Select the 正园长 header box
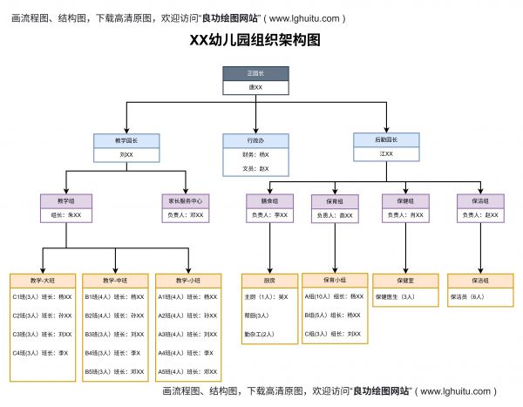[x=255, y=73]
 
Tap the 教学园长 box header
[x=126, y=139]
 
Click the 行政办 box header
[x=255, y=139]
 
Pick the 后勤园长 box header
[x=386, y=139]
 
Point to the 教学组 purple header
[x=65, y=200]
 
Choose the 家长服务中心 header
[x=185, y=200]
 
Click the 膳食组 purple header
[x=268, y=200]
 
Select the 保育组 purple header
[x=335, y=200]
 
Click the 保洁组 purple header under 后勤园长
[x=479, y=200]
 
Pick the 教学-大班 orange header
[x=41, y=281]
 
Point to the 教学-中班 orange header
[x=114, y=281]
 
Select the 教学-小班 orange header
[x=187, y=281]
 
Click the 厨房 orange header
[x=268, y=281]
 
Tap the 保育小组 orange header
[x=335, y=281]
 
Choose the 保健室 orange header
[x=405, y=281]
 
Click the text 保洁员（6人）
[x=468, y=297]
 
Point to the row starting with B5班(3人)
[x=114, y=371]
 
